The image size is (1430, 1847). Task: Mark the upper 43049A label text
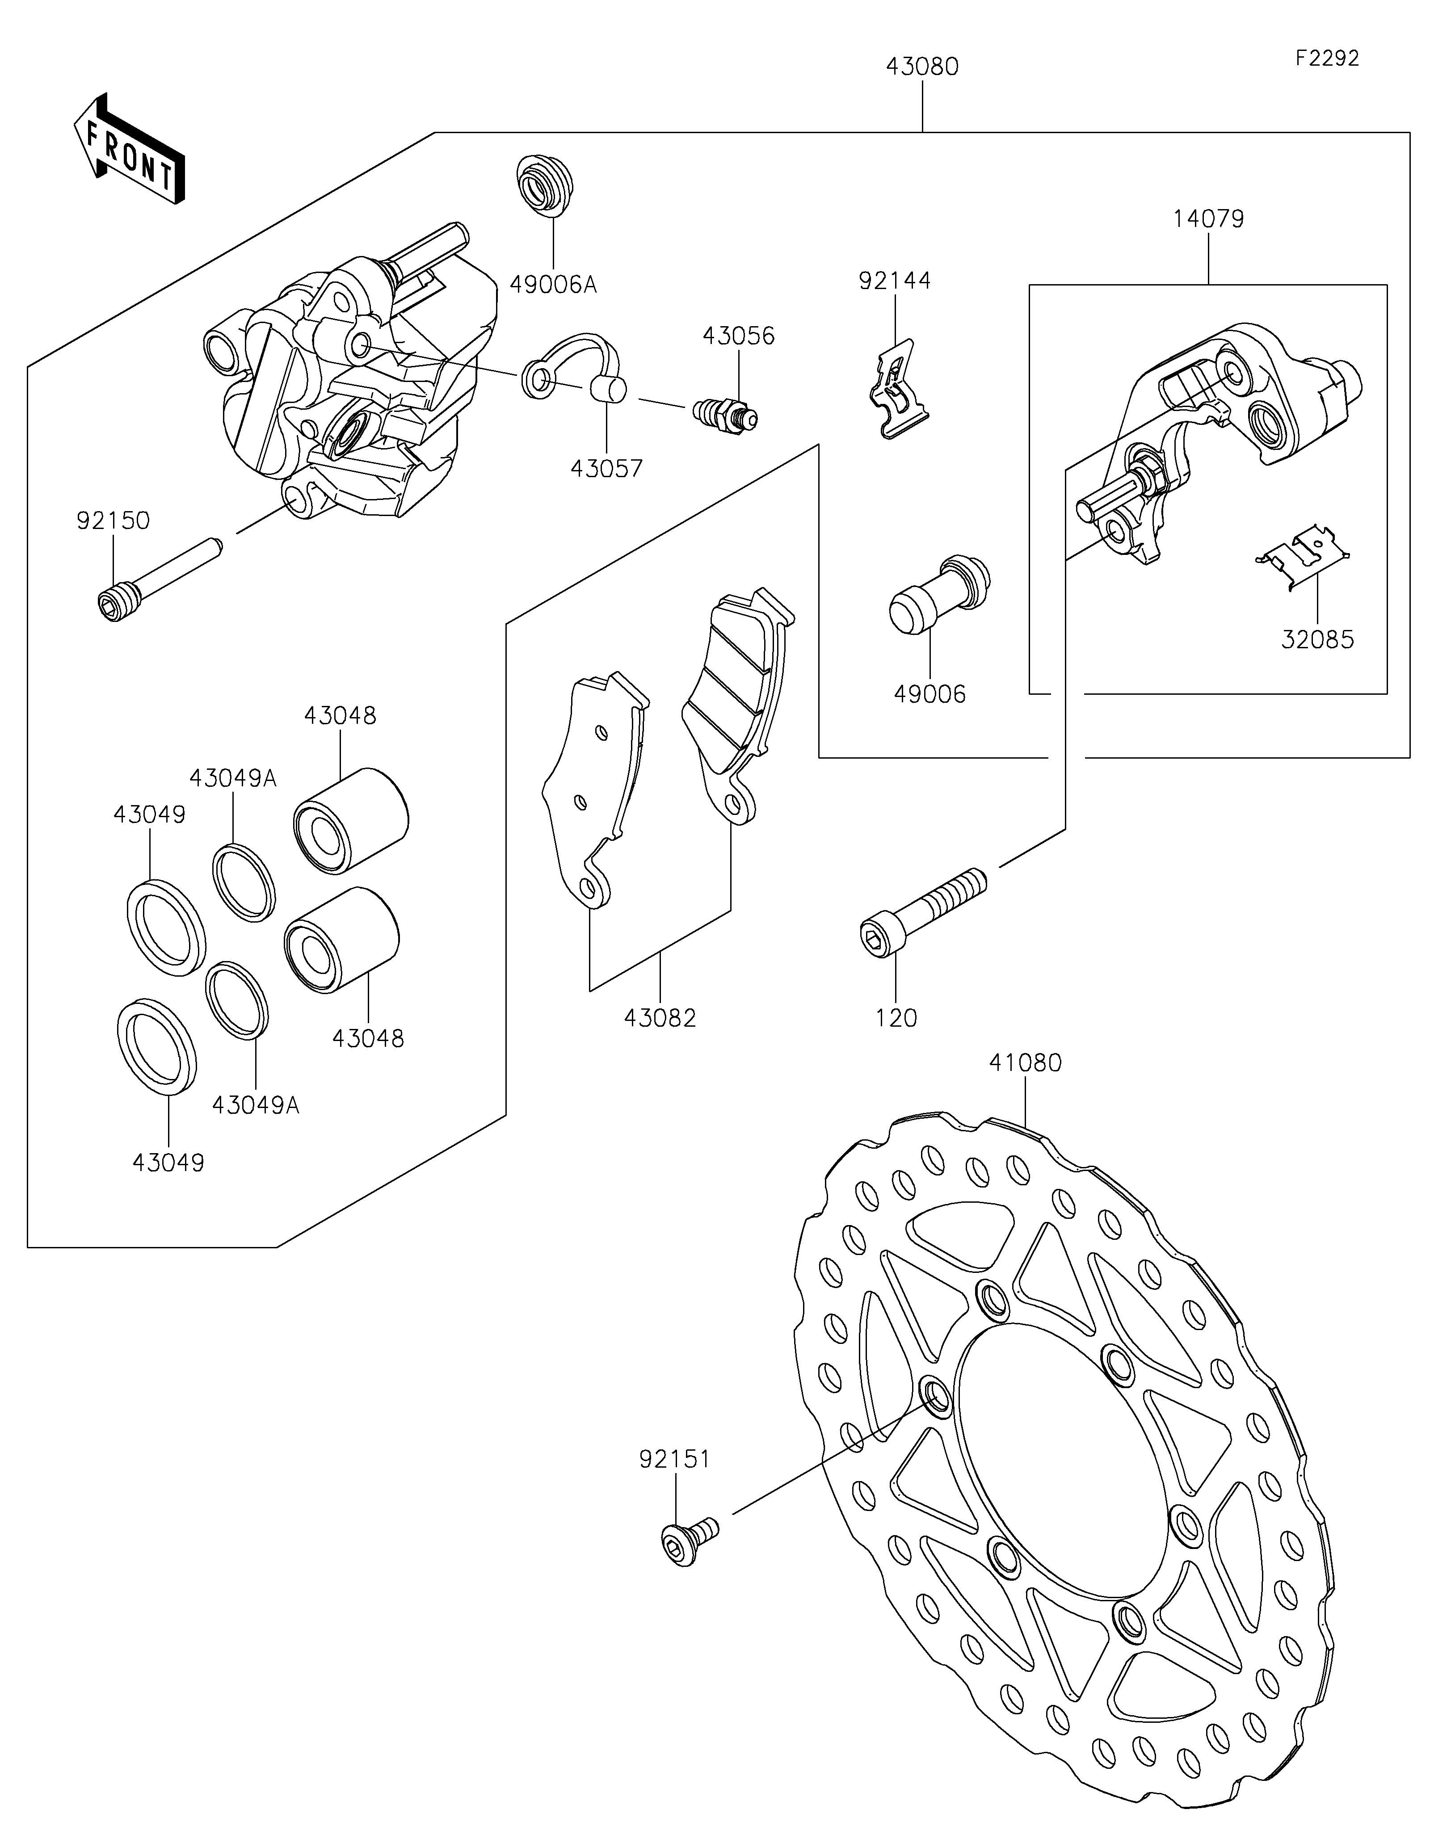click(x=232, y=778)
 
